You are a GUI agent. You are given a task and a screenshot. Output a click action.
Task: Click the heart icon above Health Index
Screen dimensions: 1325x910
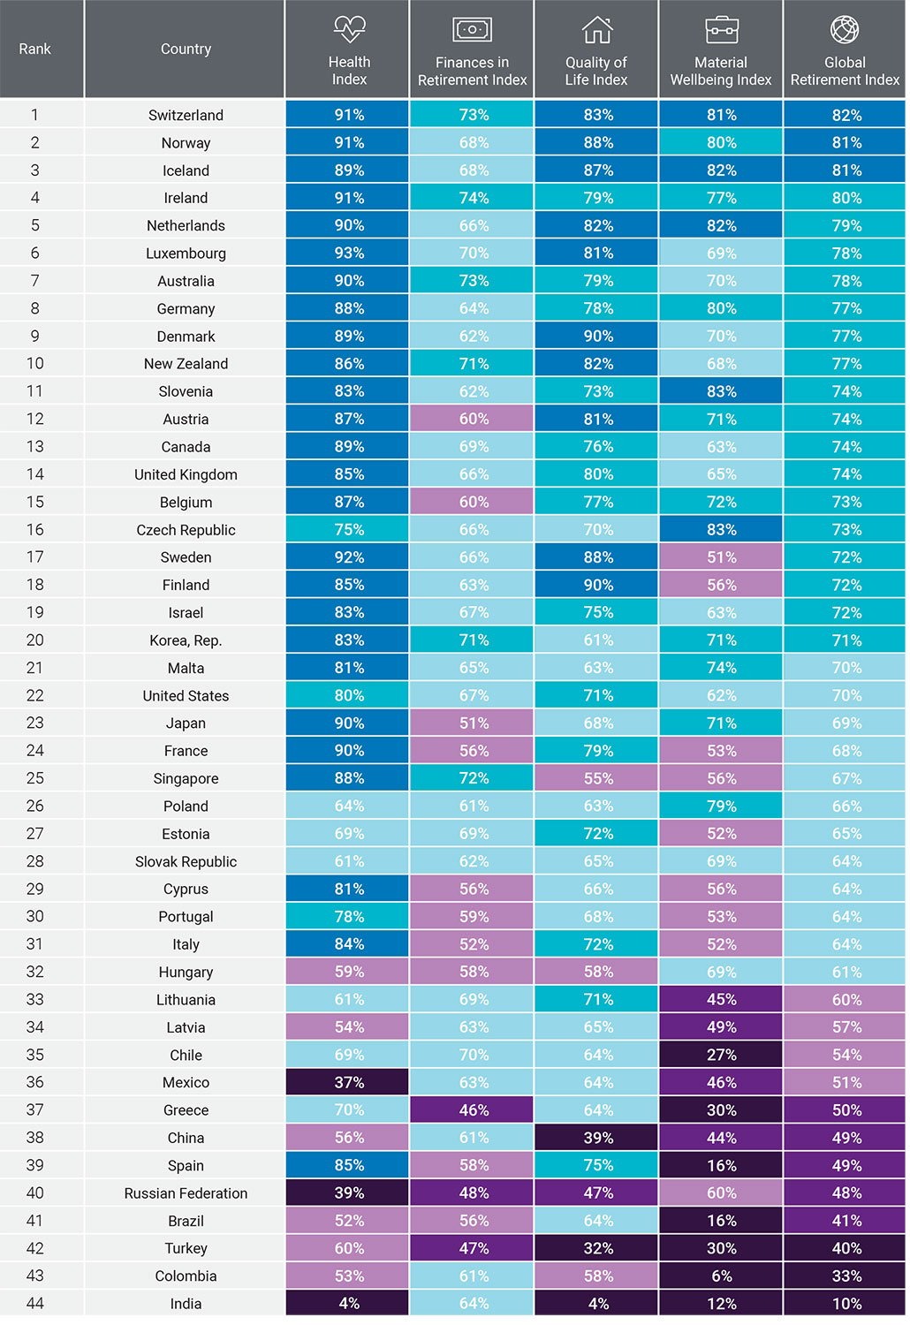tap(349, 29)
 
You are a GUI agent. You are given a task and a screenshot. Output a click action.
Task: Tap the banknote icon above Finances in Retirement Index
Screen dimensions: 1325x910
tap(472, 30)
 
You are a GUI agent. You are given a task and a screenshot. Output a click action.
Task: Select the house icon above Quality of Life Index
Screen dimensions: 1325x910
tap(597, 30)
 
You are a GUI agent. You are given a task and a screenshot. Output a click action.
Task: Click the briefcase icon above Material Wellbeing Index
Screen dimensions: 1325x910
tap(721, 30)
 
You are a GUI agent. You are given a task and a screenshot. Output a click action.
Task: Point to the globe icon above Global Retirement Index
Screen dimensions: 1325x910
tap(845, 29)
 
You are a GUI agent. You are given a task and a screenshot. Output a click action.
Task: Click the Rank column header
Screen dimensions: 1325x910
tap(35, 49)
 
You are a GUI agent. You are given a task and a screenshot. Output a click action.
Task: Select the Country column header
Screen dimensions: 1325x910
tap(186, 49)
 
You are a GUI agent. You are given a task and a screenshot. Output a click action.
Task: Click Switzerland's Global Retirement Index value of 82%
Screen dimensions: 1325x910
tap(846, 115)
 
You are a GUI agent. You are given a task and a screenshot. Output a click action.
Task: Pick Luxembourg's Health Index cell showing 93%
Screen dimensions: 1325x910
tap(349, 254)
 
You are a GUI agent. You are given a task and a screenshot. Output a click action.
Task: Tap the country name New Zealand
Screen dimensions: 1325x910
tap(186, 364)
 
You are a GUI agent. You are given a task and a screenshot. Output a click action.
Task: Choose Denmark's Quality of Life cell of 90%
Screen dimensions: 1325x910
tap(597, 337)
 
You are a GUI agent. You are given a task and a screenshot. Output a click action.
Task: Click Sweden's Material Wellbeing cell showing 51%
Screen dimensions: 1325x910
tap(721, 557)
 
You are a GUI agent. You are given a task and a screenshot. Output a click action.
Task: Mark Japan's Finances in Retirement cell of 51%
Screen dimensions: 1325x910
tap(473, 723)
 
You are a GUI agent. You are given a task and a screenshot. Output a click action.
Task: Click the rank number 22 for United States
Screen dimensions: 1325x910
tap(35, 695)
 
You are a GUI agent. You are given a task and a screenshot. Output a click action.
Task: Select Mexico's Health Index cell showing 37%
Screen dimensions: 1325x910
tap(349, 1083)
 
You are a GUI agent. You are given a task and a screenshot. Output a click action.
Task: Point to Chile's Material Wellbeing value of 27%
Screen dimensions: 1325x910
tap(721, 1056)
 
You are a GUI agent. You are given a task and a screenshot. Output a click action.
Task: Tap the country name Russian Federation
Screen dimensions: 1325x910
tap(186, 1193)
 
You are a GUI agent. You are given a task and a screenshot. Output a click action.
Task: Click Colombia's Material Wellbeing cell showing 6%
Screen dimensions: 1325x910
tap(721, 1276)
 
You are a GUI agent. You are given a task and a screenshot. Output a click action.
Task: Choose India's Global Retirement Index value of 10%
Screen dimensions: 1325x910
tap(846, 1304)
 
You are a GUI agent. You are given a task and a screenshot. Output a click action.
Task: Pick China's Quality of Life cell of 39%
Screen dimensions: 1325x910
tap(597, 1139)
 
